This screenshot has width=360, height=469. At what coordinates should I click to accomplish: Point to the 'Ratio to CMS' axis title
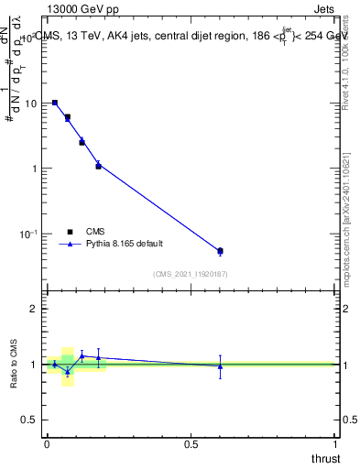point(13,364)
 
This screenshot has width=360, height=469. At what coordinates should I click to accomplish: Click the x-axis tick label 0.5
point(191,443)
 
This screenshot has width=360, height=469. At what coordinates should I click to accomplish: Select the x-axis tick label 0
point(47,443)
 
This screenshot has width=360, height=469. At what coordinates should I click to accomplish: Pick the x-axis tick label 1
point(335,443)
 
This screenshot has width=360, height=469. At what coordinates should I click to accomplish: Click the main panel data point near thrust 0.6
point(220,251)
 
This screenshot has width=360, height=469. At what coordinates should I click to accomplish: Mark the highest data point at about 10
point(55,103)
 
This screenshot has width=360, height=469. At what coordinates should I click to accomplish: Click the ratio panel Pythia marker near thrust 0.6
point(220,366)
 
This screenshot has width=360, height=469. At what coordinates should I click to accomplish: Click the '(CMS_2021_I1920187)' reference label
point(191,274)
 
